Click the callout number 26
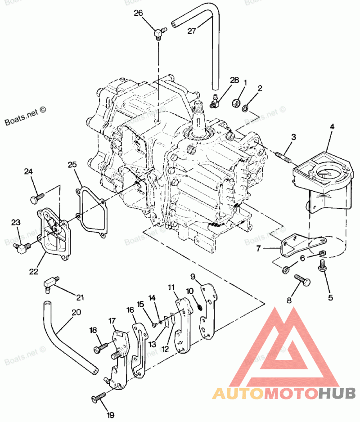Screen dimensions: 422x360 138,13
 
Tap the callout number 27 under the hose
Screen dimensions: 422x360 192,31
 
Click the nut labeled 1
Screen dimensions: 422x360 235,103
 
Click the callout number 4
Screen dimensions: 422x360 332,127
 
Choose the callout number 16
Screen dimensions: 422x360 130,310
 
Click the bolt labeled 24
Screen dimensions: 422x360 37,197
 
